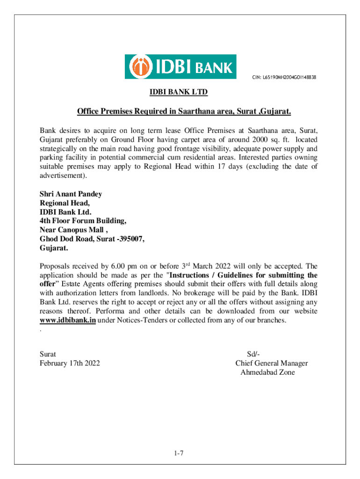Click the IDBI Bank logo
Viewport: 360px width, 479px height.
[x=180, y=66]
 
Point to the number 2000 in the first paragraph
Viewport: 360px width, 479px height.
[x=260, y=140]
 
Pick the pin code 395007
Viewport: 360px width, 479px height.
[x=130, y=239]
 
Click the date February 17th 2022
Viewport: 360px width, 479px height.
[x=70, y=363]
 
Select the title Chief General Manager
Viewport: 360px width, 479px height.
[x=272, y=363]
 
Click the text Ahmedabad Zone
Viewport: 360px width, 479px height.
[x=267, y=372]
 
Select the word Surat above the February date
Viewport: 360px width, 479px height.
[x=49, y=355]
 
